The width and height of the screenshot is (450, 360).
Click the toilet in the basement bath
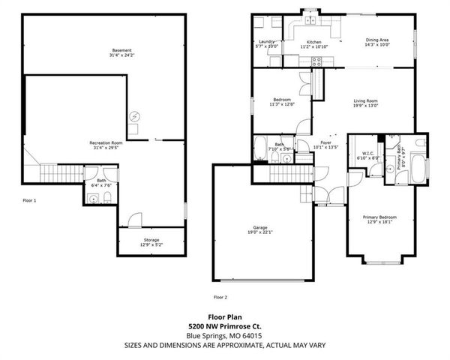point(108,196)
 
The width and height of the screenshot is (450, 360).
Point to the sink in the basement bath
point(93,198)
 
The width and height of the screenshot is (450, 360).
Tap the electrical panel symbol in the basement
point(133,115)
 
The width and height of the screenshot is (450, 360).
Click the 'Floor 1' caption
point(30,200)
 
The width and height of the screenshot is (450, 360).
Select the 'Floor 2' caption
point(220,297)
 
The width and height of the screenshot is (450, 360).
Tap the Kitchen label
point(313,42)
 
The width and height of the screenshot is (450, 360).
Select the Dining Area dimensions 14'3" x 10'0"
point(376,45)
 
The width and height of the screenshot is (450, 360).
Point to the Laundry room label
point(267,42)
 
